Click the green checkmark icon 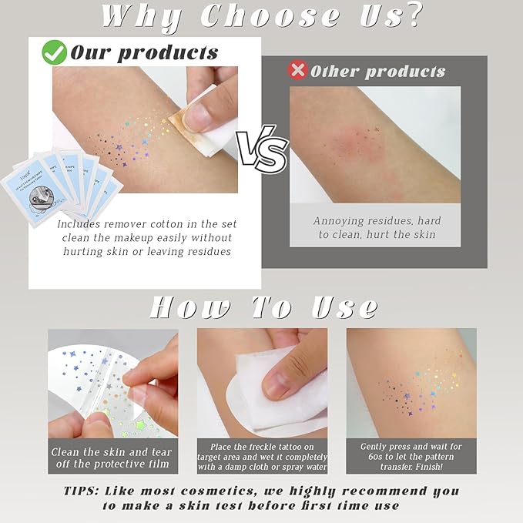tap(54, 52)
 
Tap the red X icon tap(297, 70)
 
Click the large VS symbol tap(261, 151)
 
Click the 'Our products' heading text tap(144, 53)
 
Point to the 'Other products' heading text tap(377, 72)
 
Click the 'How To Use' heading tap(263, 306)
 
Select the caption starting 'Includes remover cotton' tap(146, 237)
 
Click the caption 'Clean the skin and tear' tap(112, 457)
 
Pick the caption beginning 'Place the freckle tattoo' tap(262, 457)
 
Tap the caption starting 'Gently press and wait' tap(411, 457)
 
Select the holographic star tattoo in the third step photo tap(424, 385)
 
